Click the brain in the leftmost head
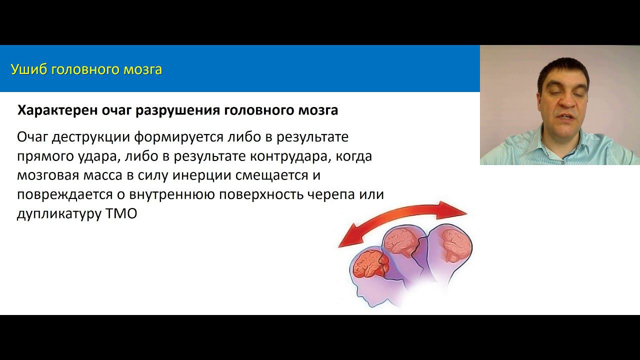[368, 263]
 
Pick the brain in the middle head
[402, 241]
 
